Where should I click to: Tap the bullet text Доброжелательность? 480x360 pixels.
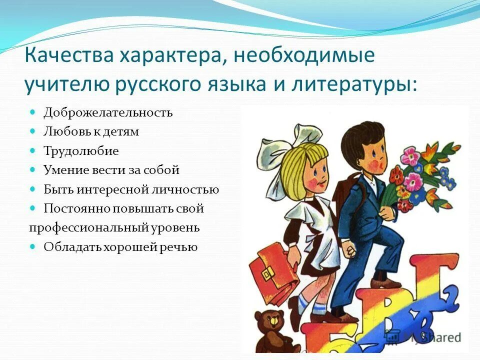point(108,112)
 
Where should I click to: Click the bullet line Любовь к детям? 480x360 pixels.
point(91,131)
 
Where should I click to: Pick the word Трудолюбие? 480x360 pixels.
point(81,150)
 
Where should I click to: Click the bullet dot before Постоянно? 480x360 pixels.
point(33,208)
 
